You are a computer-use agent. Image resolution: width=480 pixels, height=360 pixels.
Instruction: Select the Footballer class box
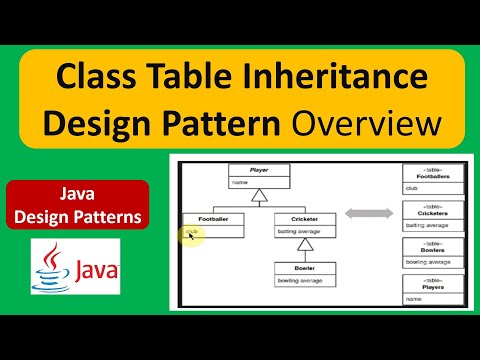point(212,224)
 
